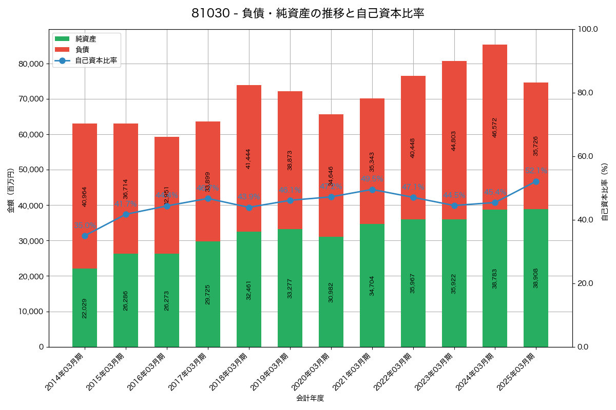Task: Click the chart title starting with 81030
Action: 307,13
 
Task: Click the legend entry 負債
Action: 82,50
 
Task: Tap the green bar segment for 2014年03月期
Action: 85,307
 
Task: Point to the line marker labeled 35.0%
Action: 85,236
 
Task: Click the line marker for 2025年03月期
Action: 536,181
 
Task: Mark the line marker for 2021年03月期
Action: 372,190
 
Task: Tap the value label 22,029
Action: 85,308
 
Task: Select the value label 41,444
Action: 249,159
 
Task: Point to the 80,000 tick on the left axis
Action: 31,64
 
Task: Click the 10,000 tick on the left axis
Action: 31,312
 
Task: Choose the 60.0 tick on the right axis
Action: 587,156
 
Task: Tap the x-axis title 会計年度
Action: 310,398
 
